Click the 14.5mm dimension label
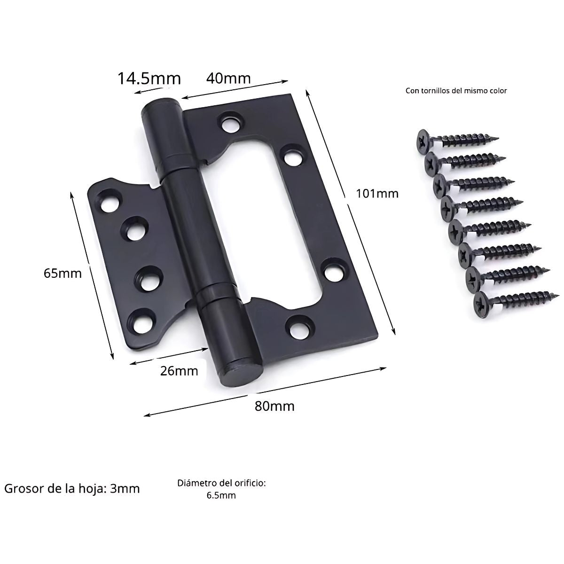(x=149, y=78)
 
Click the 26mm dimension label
(x=179, y=371)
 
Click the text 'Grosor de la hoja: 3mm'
(x=72, y=488)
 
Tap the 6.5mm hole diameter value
(x=221, y=495)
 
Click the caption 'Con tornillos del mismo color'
(x=456, y=91)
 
